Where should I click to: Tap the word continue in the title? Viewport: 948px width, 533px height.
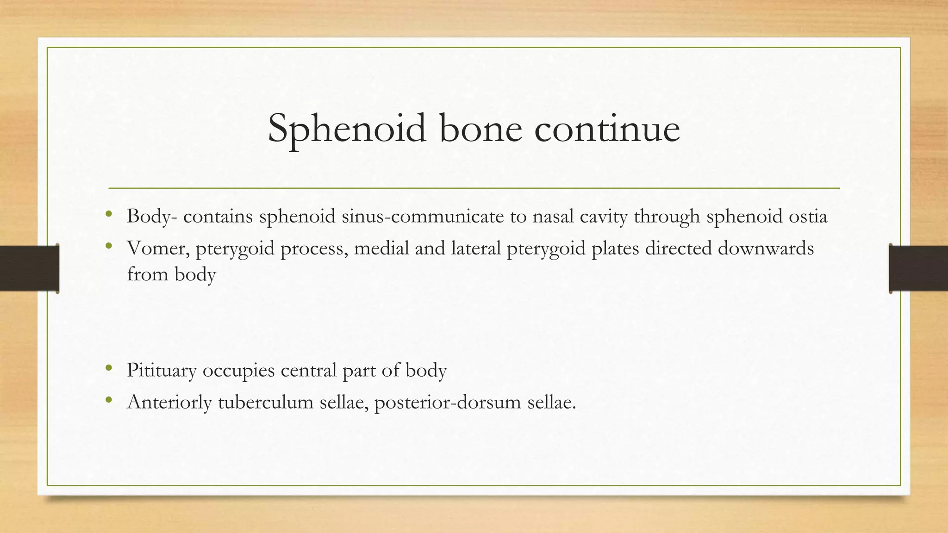tap(607, 129)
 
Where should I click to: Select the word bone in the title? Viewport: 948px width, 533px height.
tap(480, 129)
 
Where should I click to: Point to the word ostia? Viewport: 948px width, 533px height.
tap(808, 217)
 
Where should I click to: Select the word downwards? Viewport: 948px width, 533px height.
tap(766, 248)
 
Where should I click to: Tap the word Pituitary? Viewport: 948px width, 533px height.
tap(162, 371)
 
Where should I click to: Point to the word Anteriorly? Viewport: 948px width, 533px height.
tap(169, 403)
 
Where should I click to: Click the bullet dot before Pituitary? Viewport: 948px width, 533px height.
tap(109, 368)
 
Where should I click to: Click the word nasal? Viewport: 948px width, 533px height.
tap(553, 217)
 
